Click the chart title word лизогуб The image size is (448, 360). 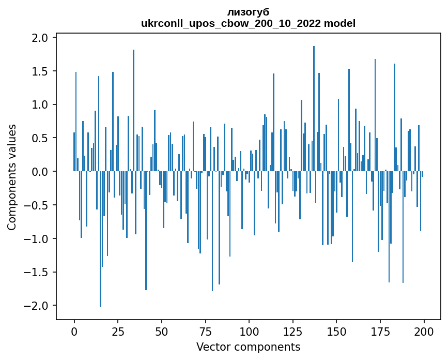click(x=248, y=12)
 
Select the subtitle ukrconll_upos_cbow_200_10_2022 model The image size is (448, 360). click(x=248, y=23)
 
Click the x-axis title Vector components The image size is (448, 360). click(x=248, y=347)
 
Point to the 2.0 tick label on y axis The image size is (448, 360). click(x=40, y=38)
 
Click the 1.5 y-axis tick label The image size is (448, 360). click(x=40, y=71)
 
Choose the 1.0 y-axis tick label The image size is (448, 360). click(x=40, y=105)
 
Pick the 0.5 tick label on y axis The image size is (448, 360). click(x=40, y=138)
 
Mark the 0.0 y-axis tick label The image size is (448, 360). click(x=40, y=172)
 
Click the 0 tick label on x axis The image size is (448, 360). click(x=74, y=331)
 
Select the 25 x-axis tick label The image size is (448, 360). click(x=118, y=331)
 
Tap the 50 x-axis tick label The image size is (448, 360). click(x=162, y=331)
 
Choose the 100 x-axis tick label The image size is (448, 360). click(x=249, y=331)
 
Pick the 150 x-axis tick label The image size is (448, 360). click(x=336, y=331)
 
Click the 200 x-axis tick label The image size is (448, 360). click(x=424, y=331)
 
